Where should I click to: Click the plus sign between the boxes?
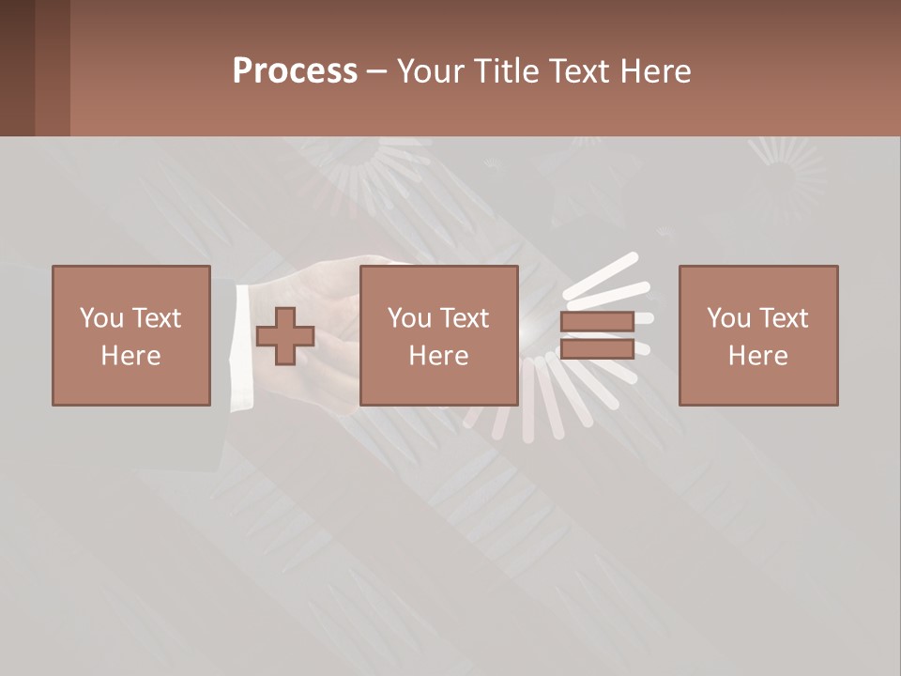(285, 336)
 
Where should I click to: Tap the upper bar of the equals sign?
(597, 321)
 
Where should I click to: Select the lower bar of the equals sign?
(597, 348)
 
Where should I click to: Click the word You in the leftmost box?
(101, 318)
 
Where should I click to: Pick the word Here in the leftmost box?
(130, 356)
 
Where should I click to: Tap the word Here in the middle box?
(438, 356)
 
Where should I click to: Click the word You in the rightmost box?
(728, 318)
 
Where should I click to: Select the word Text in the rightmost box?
(783, 318)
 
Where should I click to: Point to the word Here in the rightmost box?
(757, 356)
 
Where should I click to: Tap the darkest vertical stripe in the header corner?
(17, 68)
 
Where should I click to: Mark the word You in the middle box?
(409, 318)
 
